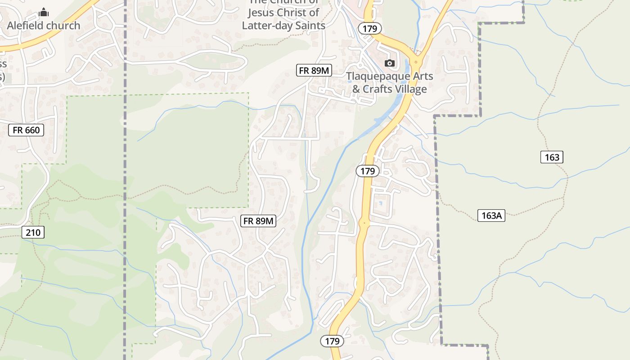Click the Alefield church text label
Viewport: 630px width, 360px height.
click(x=44, y=26)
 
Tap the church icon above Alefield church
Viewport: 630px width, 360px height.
click(x=44, y=12)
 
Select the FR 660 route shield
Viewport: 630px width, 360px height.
click(x=27, y=130)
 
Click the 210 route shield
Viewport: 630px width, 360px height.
click(x=33, y=233)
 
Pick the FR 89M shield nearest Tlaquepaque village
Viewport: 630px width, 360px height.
click(x=315, y=70)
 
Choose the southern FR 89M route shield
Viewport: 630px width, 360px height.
click(x=258, y=221)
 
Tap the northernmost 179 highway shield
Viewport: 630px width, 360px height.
click(x=370, y=29)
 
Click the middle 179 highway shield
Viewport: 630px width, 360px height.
click(x=368, y=171)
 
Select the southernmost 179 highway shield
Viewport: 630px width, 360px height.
click(x=332, y=341)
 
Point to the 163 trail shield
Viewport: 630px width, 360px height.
click(x=552, y=157)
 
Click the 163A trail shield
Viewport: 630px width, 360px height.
click(x=491, y=216)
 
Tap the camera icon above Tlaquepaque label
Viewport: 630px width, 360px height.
click(x=390, y=63)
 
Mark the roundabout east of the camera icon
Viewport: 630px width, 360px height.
click(x=416, y=61)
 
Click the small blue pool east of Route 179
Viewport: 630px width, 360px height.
click(x=381, y=203)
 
